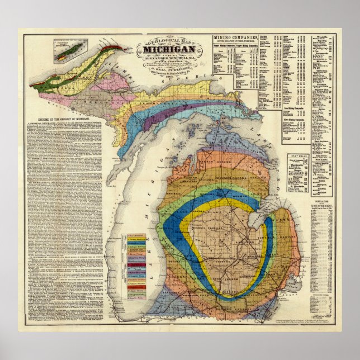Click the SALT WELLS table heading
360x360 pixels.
pos(297,155)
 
